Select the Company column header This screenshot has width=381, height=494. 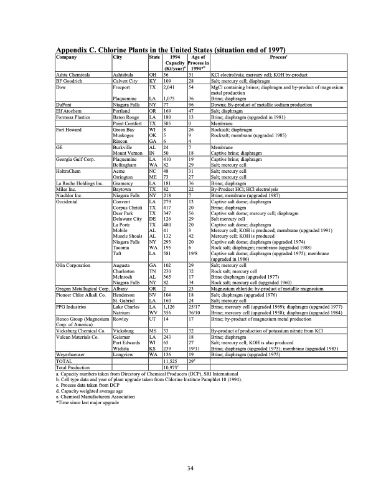68,57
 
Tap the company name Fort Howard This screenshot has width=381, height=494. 70,128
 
